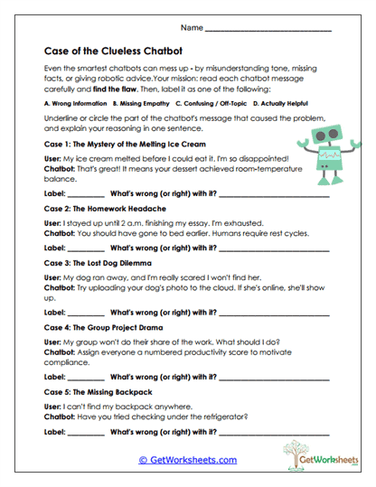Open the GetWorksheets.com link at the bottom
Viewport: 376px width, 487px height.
(x=187, y=460)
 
